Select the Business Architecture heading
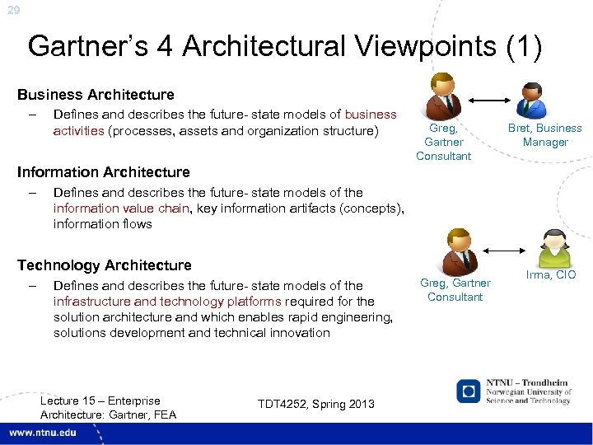coord(96,95)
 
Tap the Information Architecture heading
coord(104,172)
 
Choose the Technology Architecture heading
coord(105,265)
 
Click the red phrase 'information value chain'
coord(121,208)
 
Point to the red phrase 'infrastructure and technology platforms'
coord(167,302)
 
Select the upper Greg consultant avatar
coord(442,97)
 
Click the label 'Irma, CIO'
coord(551,274)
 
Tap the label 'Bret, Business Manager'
coord(544,135)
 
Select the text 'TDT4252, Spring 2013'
coord(316,404)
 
